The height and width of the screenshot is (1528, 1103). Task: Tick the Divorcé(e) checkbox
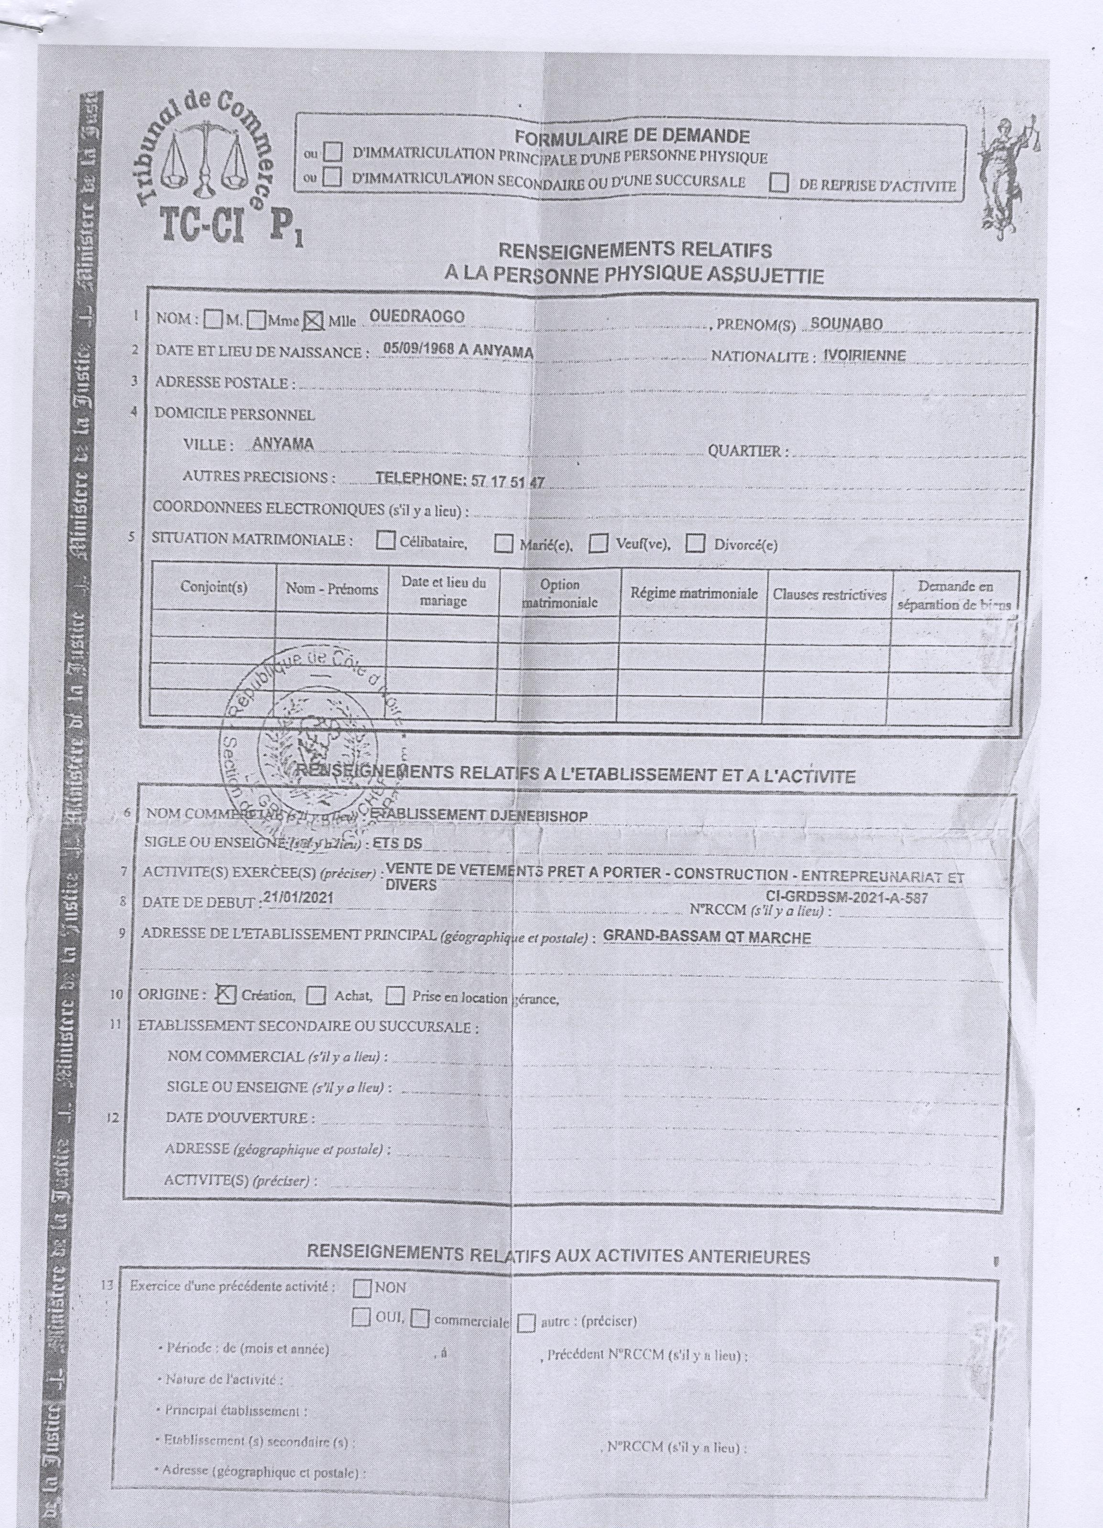pos(695,543)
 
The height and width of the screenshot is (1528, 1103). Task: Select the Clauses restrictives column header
pos(829,595)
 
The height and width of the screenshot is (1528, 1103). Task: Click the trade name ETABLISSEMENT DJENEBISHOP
pos(479,816)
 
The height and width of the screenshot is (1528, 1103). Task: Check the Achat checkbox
pos(317,996)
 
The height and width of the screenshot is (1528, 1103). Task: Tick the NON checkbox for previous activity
pos(362,1288)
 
